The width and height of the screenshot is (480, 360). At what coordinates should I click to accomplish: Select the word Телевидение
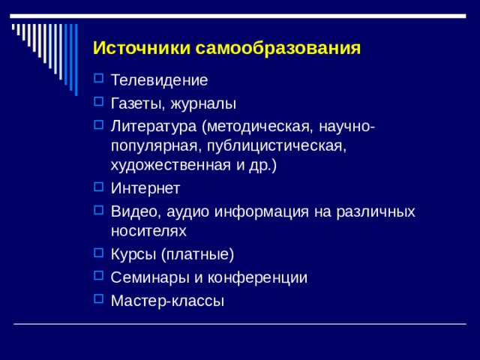pos(159,79)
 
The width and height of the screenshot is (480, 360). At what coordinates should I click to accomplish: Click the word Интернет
pos(145,188)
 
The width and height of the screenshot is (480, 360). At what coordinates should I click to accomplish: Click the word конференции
pos(260,277)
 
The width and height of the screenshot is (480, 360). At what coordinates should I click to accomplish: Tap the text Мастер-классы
pos(166,300)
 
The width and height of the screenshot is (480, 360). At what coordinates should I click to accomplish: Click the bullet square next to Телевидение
pos(98,78)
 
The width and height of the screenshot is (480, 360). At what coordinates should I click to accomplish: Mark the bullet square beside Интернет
pos(98,187)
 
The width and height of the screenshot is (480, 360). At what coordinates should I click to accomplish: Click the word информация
pos(260,211)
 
